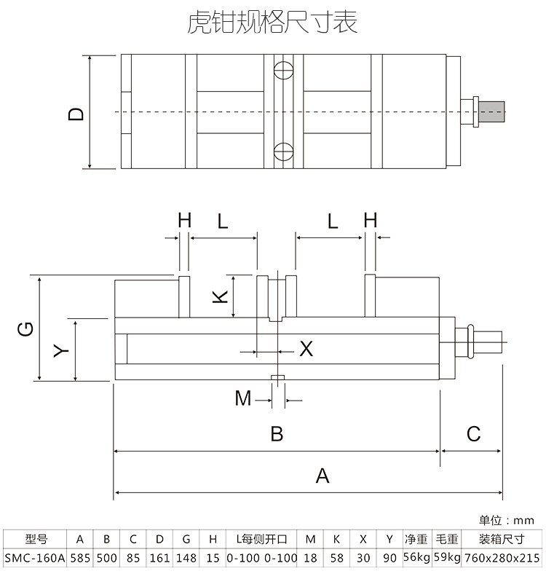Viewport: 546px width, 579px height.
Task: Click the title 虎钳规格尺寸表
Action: (272, 22)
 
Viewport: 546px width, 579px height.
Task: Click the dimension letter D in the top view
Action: (76, 113)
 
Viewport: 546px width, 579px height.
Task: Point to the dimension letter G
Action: (25, 329)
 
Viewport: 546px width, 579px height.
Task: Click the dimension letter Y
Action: (62, 350)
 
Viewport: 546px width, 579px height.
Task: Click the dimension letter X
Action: (306, 349)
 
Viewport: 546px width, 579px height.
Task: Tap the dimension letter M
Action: (243, 398)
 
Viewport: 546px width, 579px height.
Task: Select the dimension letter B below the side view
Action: (277, 434)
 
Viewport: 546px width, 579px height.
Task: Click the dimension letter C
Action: (473, 434)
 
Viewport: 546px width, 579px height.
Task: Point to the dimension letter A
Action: (322, 476)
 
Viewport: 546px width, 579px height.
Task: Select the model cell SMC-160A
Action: (35, 559)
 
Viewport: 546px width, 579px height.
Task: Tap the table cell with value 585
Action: (80, 559)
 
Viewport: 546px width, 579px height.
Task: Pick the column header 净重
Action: (416, 540)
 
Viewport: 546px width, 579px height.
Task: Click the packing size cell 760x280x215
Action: (502, 559)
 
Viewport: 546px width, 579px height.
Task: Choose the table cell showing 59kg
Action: (447, 559)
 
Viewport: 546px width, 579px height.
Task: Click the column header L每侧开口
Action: (262, 540)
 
